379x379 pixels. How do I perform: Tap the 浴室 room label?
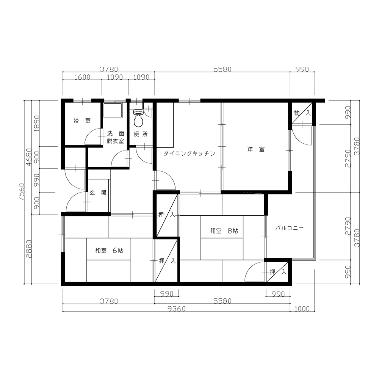click(x=82, y=121)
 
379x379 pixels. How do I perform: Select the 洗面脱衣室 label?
click(x=116, y=137)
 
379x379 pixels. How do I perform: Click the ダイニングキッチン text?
click(x=189, y=153)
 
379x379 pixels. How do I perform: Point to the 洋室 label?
click(x=256, y=149)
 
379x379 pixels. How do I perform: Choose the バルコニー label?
click(x=289, y=228)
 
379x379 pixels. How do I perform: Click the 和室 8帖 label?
click(x=224, y=231)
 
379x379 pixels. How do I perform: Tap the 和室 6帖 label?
click(x=109, y=251)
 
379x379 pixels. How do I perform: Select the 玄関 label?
click(x=98, y=193)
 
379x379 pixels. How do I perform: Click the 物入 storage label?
click(x=302, y=113)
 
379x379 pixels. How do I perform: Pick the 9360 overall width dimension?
click(x=177, y=309)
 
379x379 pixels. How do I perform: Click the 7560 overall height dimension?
click(x=21, y=192)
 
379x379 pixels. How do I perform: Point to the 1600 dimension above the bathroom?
click(x=82, y=77)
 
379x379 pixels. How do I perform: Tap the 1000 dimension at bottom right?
click(x=302, y=309)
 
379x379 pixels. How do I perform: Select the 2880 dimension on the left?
click(x=29, y=249)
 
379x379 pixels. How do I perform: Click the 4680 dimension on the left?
click(x=29, y=157)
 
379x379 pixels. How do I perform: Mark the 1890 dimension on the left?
click(x=36, y=123)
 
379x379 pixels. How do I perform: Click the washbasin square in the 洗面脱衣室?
click(x=113, y=110)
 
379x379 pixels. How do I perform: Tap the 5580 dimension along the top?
click(x=222, y=69)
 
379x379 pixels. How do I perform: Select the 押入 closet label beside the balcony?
click(x=278, y=272)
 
